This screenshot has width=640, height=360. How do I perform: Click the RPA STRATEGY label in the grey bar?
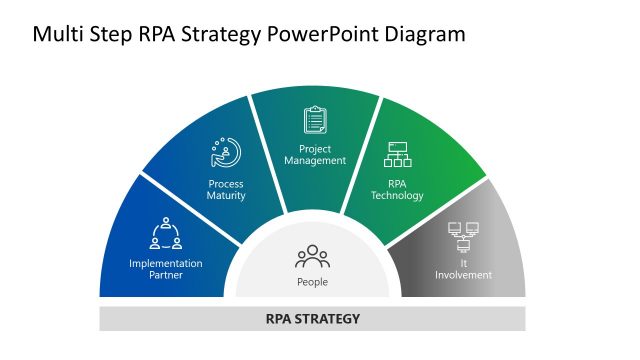tap(312, 320)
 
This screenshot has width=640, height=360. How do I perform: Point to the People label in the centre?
tap(312, 282)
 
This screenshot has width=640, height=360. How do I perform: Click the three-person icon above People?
tap(312, 257)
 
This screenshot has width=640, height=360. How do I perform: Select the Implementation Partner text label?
tap(166, 269)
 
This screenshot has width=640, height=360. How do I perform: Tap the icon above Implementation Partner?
tap(166, 233)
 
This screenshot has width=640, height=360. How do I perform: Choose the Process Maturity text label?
tap(226, 190)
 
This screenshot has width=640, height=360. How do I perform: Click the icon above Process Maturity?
tap(226, 152)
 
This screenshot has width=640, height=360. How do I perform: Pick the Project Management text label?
tap(315, 154)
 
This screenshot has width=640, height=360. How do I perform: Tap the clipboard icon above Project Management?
tap(315, 120)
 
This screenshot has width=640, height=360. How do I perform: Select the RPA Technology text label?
tap(398, 190)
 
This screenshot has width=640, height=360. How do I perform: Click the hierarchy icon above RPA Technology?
tap(398, 155)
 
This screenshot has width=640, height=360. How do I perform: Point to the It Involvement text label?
tap(463, 269)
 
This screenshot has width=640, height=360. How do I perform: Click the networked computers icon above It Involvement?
tap(463, 237)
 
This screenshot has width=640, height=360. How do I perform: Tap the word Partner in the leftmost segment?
tap(166, 275)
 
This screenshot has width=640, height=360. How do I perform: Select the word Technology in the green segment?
tap(398, 196)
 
